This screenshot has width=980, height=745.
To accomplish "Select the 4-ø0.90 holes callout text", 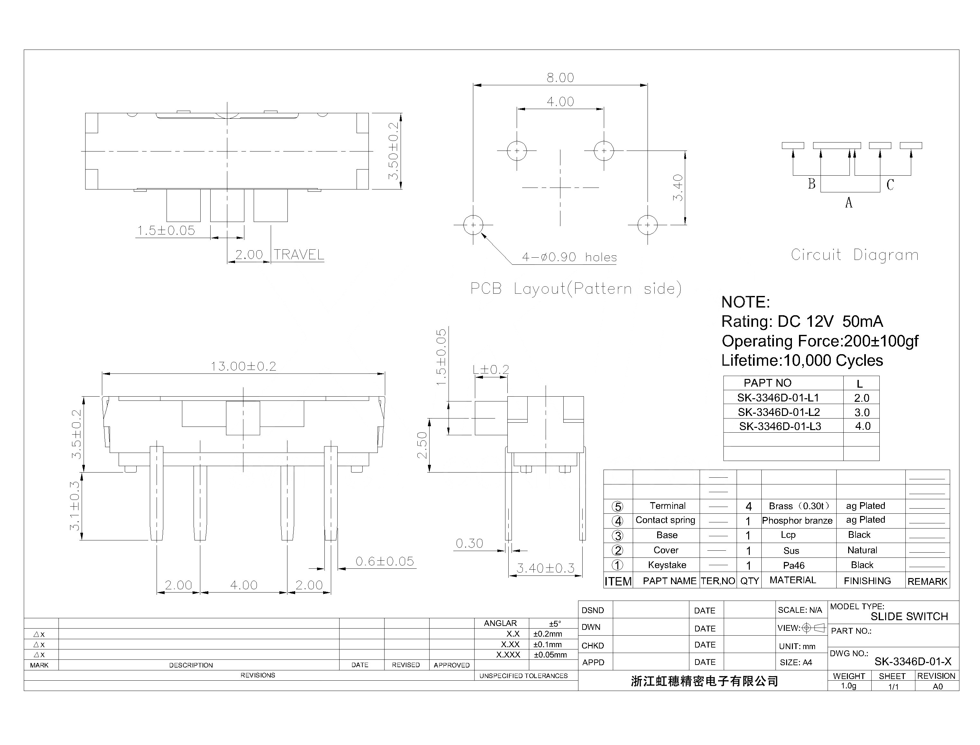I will pyautogui.click(x=569, y=257).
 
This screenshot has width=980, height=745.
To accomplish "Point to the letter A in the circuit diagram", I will pyautogui.click(x=848, y=203).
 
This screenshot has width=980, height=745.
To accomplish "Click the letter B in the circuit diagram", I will pyautogui.click(x=812, y=184).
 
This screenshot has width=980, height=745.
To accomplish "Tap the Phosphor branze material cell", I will pyautogui.click(x=797, y=520).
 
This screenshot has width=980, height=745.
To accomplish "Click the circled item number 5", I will pyautogui.click(x=617, y=506).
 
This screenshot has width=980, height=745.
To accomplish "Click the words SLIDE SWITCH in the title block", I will pyautogui.click(x=909, y=616).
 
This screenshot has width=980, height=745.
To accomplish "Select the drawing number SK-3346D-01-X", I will pyautogui.click(x=912, y=662).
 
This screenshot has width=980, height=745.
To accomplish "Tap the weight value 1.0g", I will pyautogui.click(x=848, y=686).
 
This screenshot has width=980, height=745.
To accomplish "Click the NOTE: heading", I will pyautogui.click(x=746, y=302).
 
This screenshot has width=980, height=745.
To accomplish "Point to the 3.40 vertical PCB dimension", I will pyautogui.click(x=678, y=188).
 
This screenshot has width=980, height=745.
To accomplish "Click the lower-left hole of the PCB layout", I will pyautogui.click(x=473, y=225).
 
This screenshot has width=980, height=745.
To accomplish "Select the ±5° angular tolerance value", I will pyautogui.click(x=555, y=623).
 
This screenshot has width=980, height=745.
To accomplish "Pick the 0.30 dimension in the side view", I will pyautogui.click(x=469, y=543).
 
